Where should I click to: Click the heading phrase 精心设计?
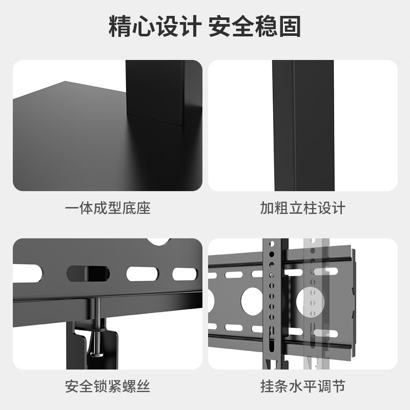[155, 27]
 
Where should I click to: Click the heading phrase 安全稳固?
[255, 27]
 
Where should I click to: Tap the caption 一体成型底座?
[108, 208]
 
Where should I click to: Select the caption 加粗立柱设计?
[302, 208]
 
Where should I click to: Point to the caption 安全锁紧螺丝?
[108, 386]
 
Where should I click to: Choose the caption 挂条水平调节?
[302, 386]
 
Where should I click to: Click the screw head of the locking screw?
[97, 354]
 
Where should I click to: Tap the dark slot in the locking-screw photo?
[88, 274]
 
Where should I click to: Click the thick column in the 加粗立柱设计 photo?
[303, 126]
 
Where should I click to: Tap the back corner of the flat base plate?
[65, 81]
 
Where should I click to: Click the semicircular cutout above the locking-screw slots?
[158, 241]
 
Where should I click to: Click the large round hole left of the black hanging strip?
[252, 300]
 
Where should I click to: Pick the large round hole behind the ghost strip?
[311, 301]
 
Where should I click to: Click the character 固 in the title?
[290, 27]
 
